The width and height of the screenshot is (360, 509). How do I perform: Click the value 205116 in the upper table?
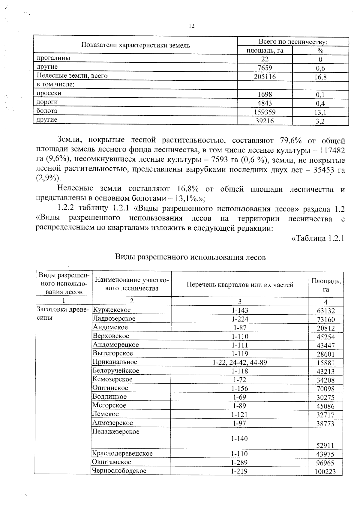click(265, 77)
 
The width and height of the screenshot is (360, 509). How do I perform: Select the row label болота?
click(47, 111)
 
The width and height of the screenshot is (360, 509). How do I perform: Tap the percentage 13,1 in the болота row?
click(320, 112)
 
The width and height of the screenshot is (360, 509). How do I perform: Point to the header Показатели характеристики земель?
click(136, 46)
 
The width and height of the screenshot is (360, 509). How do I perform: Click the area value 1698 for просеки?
click(265, 94)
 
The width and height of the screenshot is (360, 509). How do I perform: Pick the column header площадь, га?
click(265, 50)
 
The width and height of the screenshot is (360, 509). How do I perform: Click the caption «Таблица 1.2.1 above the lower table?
click(318, 238)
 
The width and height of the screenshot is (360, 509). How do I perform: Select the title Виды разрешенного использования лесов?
click(190, 257)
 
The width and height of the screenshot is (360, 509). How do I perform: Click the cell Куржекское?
click(112, 310)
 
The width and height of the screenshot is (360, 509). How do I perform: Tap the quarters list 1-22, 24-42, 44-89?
click(240, 362)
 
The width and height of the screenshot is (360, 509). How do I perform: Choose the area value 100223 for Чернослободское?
click(325, 472)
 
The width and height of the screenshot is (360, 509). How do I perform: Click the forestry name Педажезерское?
click(116, 432)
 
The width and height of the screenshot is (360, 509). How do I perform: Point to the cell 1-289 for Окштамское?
click(239, 463)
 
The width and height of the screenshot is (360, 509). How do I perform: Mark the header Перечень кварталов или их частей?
click(240, 285)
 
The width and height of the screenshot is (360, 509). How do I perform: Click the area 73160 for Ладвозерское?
click(326, 320)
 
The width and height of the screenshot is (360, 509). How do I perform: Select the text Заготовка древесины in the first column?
click(62, 313)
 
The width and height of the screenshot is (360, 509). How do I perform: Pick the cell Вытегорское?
click(113, 353)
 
